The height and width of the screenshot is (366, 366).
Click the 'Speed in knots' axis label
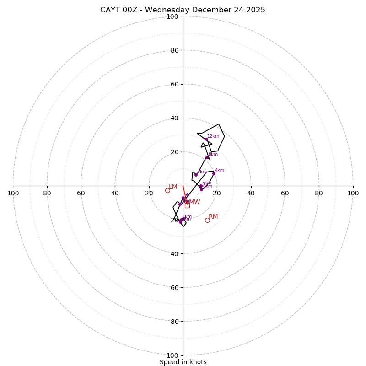[x=183, y=362]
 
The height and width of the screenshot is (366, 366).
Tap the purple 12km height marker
[x=206, y=140]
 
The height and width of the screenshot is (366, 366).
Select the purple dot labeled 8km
[x=207, y=157]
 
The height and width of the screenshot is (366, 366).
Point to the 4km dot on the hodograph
[x=214, y=173]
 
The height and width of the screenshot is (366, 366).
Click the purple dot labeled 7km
[x=196, y=175]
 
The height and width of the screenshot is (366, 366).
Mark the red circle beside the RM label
[x=207, y=220]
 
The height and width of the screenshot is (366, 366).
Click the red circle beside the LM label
[x=167, y=190]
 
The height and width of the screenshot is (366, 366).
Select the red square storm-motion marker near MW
[x=187, y=205]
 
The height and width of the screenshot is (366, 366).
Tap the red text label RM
[x=213, y=216]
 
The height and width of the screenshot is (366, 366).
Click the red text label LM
[x=173, y=187]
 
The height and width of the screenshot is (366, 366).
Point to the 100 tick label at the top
[x=172, y=16]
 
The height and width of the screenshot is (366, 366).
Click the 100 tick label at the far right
[x=353, y=193]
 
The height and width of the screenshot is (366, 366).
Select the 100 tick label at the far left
[x=13, y=193]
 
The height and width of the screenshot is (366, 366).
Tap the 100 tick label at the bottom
[x=172, y=355]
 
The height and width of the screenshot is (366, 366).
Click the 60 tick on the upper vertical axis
[x=174, y=84]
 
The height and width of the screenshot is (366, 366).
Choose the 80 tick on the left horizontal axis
[x=47, y=193]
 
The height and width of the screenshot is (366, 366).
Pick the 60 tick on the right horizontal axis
[x=285, y=193]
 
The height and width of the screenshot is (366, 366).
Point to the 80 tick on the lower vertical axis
[x=174, y=321]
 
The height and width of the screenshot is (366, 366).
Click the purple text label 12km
[x=213, y=136]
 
